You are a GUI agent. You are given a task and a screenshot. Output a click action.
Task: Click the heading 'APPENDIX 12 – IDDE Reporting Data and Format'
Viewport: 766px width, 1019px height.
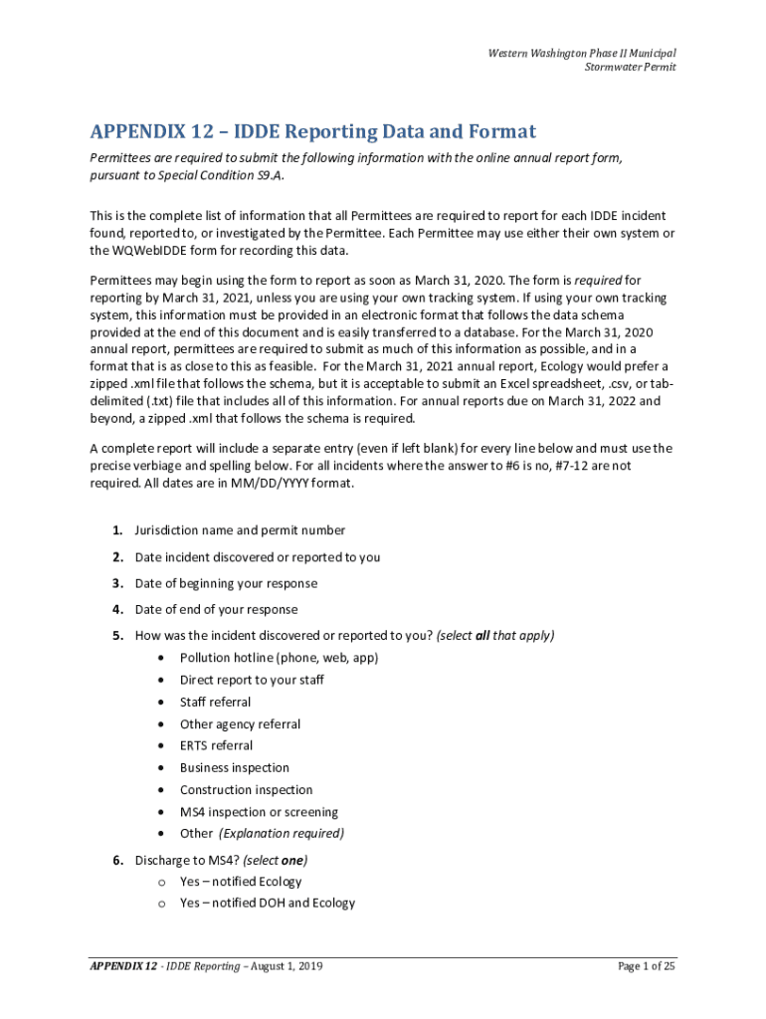pyautogui.click(x=312, y=132)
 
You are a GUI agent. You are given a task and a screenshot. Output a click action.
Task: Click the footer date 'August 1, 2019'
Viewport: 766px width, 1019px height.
pyautogui.click(x=283, y=966)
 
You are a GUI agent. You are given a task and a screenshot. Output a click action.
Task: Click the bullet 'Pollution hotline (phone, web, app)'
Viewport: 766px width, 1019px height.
pyautogui.click(x=279, y=658)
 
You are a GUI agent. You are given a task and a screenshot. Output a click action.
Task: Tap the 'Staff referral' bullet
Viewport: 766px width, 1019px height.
pyautogui.click(x=215, y=702)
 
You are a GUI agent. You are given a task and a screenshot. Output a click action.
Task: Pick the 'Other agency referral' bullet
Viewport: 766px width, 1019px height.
pyautogui.click(x=240, y=724)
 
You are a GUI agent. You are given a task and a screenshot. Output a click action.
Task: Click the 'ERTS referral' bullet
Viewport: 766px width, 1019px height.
pyautogui.click(x=216, y=745)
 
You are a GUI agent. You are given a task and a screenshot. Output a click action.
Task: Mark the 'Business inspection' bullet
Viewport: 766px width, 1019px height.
pyautogui.click(x=235, y=767)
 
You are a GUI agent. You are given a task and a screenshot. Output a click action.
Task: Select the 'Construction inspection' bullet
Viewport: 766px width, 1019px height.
pyautogui.click(x=246, y=790)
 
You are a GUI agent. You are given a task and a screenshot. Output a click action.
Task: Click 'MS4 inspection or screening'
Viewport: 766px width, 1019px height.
pyautogui.click(x=259, y=812)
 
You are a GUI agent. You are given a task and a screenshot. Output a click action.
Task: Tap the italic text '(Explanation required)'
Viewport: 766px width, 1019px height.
pyautogui.click(x=282, y=834)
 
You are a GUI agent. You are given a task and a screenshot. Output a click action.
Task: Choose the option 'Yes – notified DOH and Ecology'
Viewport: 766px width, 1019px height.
pyautogui.click(x=267, y=904)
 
